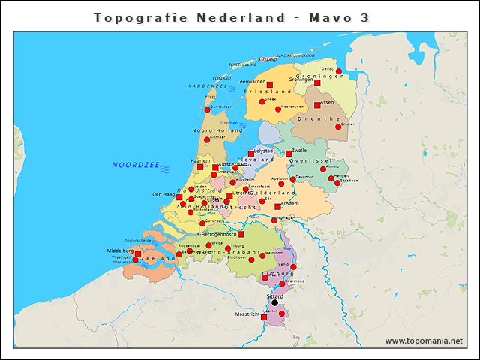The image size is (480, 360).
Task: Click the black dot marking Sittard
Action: click(x=274, y=303)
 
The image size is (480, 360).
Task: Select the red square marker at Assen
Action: click(x=317, y=105)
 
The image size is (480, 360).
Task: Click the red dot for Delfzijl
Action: click(x=339, y=71)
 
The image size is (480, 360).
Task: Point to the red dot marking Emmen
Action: click(x=338, y=127)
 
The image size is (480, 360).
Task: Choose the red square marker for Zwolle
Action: click(x=289, y=154)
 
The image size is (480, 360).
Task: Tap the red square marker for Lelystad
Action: click(x=251, y=154)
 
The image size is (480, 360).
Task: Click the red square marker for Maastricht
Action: click(x=264, y=317)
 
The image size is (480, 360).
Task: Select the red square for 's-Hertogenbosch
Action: click(x=241, y=234)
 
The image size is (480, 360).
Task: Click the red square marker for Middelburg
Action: click(x=137, y=253)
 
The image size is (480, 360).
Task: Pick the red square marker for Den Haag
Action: click(x=179, y=197)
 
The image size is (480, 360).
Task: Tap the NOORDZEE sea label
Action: click(x=135, y=165)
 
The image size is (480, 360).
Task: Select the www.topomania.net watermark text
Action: click(x=424, y=341)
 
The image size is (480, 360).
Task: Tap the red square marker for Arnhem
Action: click(x=278, y=206)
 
